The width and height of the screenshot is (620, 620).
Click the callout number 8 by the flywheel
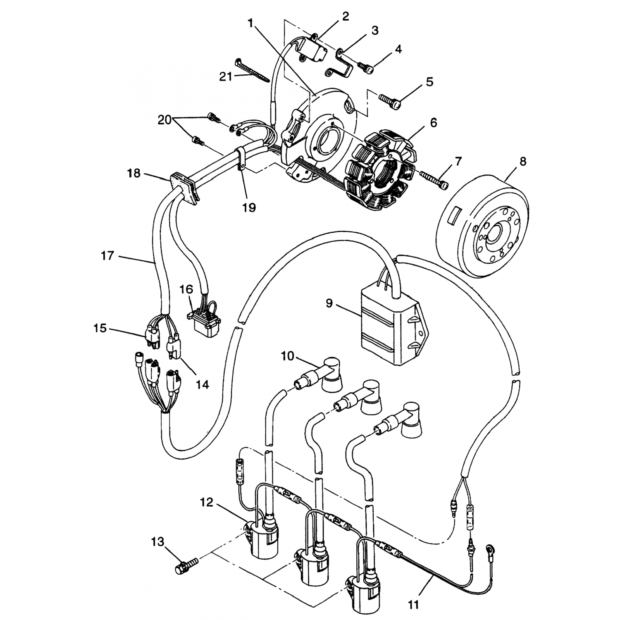click(523, 161)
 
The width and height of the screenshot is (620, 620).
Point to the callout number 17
click(107, 256)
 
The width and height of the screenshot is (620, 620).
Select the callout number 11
click(413, 605)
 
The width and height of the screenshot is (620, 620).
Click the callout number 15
click(100, 328)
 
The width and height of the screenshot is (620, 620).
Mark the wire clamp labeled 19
click(241, 161)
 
